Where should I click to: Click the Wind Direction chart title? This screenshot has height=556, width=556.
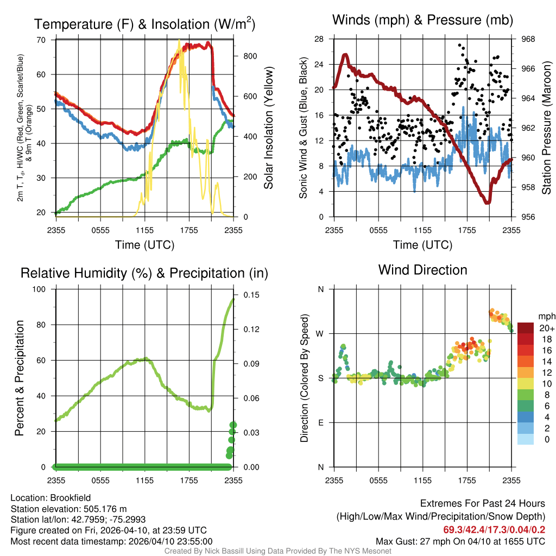422,270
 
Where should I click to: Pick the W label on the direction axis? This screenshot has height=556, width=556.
320,333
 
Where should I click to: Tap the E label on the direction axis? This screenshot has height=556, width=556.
320,422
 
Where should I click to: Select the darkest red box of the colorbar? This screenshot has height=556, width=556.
526,328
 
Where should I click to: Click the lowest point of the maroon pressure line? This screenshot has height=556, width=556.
487,202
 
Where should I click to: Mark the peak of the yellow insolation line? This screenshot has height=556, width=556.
179,41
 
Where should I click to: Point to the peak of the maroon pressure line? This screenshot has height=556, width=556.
345,54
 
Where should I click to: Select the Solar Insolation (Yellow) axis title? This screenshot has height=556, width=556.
268,128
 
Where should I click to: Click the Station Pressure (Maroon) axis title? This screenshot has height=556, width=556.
546,128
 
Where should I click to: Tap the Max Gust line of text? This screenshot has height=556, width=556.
460,541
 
